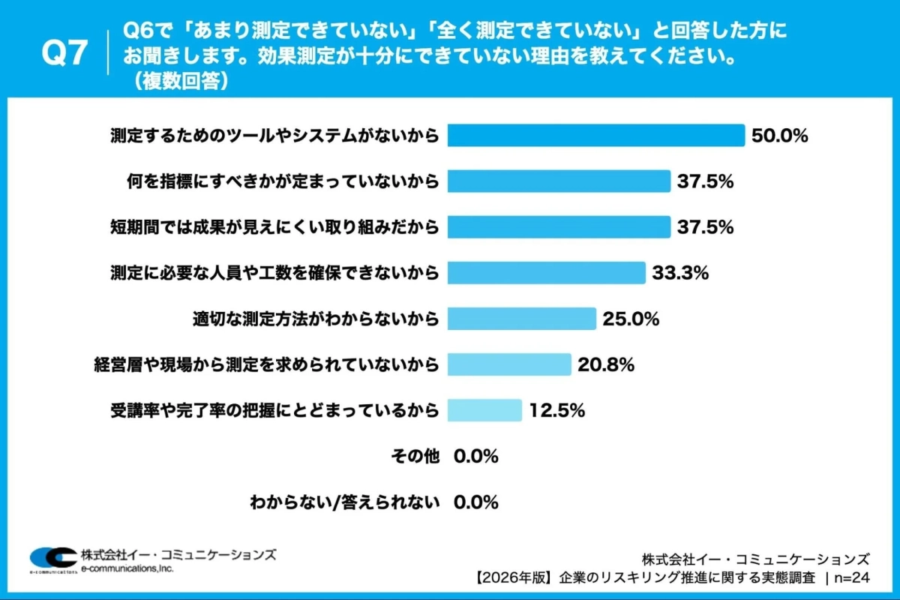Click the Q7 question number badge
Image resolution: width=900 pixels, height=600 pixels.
(64, 54)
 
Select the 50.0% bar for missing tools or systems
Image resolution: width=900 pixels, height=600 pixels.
(596, 136)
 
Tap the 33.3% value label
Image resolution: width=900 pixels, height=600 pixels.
(680, 273)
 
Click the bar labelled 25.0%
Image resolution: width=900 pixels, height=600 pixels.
(522, 319)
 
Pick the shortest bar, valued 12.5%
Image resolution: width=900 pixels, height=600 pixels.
(484, 410)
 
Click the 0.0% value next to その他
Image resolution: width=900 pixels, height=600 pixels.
(476, 456)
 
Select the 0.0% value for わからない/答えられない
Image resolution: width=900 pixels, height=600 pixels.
(476, 502)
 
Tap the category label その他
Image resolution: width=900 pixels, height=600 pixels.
(415, 456)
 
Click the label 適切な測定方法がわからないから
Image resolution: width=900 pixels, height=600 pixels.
(316, 319)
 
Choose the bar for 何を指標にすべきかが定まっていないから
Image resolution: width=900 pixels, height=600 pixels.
(559, 181)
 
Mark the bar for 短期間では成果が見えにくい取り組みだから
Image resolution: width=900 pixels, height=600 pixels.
(559, 227)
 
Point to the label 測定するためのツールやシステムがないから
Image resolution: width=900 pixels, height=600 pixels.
(274, 136)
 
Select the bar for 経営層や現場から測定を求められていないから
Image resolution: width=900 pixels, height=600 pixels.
(509, 365)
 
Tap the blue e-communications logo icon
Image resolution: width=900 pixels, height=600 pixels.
(52, 558)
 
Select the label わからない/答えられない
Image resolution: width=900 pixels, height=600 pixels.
(344, 502)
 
